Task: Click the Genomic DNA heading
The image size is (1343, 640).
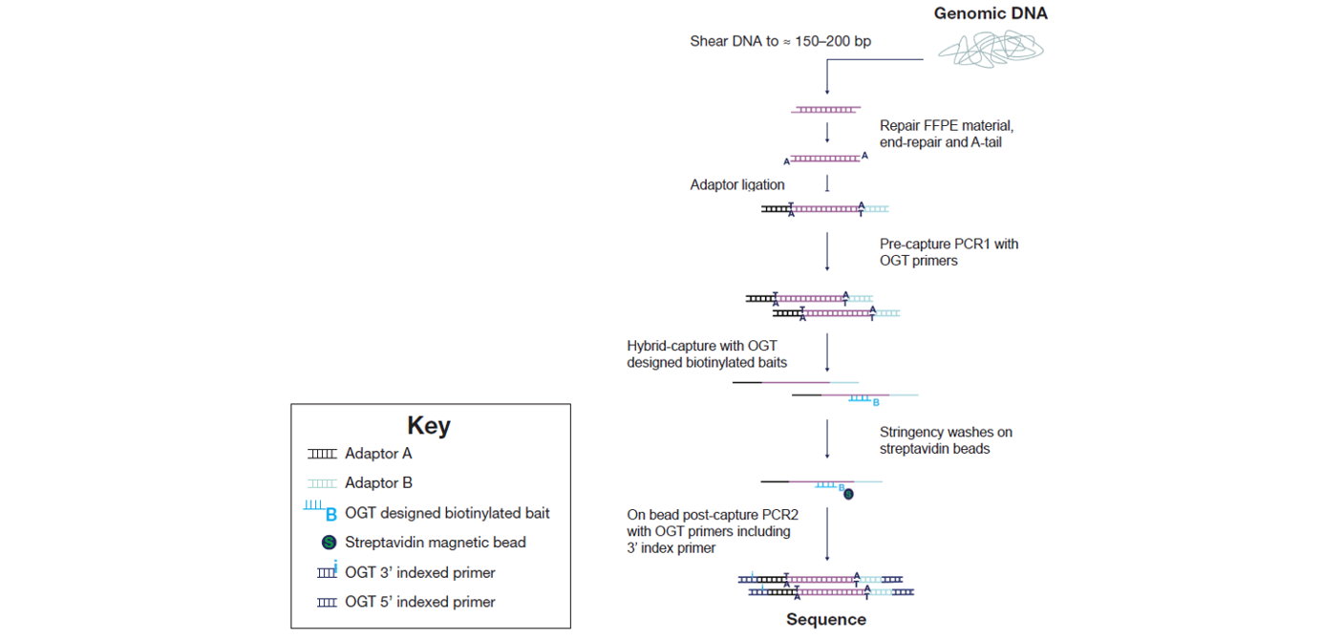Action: coord(991,13)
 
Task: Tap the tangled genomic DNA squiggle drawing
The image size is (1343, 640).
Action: coord(991,49)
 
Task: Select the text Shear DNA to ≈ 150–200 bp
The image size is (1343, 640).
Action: coord(780,41)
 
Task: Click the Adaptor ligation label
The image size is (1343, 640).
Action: coord(736,184)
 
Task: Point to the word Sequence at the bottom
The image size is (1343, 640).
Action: coord(826,619)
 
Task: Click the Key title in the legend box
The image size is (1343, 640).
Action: coord(429,425)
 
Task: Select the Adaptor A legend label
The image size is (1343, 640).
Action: coord(378,454)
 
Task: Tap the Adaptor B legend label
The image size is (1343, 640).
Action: coord(378,482)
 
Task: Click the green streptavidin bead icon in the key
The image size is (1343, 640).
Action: coord(329,543)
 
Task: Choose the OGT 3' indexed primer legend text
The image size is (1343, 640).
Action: coord(419,572)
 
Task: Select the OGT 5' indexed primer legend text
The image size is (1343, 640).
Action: coord(419,602)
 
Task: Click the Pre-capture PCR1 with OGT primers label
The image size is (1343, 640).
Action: coord(949,252)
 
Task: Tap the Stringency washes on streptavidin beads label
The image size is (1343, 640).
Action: coord(946,440)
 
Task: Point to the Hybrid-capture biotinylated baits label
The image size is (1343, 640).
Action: coord(707,353)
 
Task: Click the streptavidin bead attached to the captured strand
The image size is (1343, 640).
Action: coord(848,494)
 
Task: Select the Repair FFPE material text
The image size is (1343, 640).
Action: coord(946,125)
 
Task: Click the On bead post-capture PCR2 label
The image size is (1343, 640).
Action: coord(713,531)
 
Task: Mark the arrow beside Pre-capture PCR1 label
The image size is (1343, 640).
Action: coord(827,252)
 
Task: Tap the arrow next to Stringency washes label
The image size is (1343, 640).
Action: coord(827,439)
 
